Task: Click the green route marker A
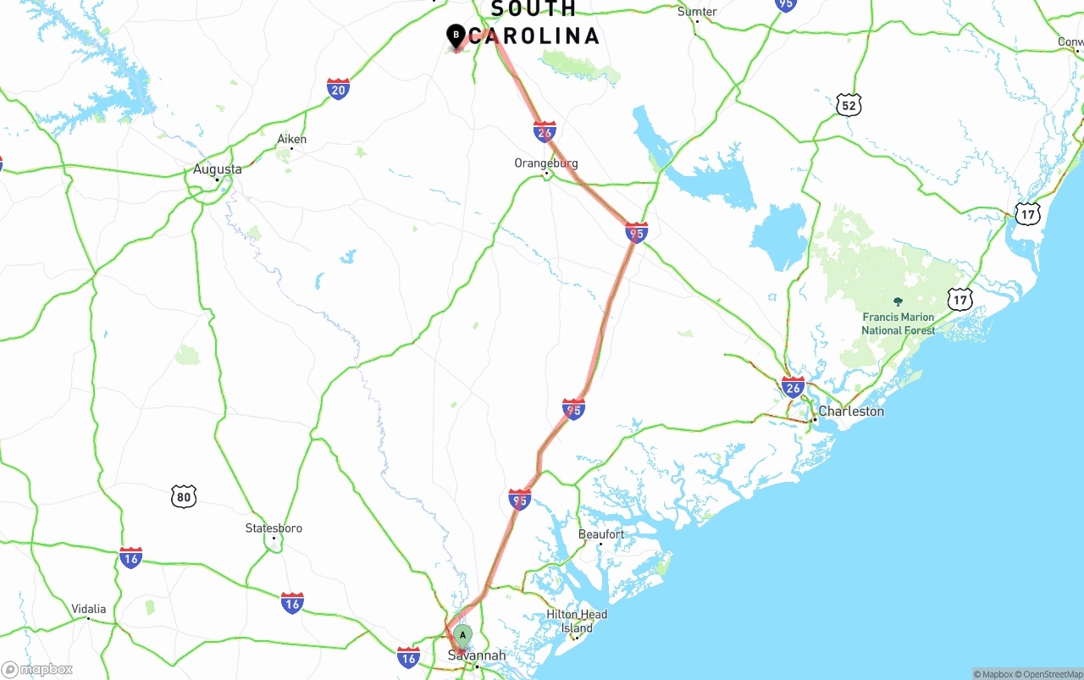pyautogui.click(x=462, y=635)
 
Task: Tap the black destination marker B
pyautogui.click(x=456, y=36)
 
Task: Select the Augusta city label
pyautogui.click(x=217, y=169)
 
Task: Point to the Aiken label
pyautogui.click(x=292, y=139)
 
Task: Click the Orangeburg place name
pyautogui.click(x=546, y=163)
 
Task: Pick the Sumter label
pyautogui.click(x=697, y=12)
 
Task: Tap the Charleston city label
pyautogui.click(x=850, y=412)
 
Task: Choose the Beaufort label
pyautogui.click(x=601, y=534)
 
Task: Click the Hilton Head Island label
pyautogui.click(x=577, y=622)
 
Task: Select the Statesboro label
pyautogui.click(x=274, y=528)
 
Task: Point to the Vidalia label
pyautogui.click(x=89, y=609)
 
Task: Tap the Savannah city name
pyautogui.click(x=476, y=655)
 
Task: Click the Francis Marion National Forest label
pyautogui.click(x=899, y=323)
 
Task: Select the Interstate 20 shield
pyautogui.click(x=338, y=89)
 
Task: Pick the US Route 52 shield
pyautogui.click(x=850, y=104)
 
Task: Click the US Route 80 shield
pyautogui.click(x=184, y=496)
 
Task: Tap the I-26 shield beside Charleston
pyautogui.click(x=793, y=388)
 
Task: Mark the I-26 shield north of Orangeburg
pyautogui.click(x=545, y=131)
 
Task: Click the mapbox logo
pyautogui.click(x=37, y=670)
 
